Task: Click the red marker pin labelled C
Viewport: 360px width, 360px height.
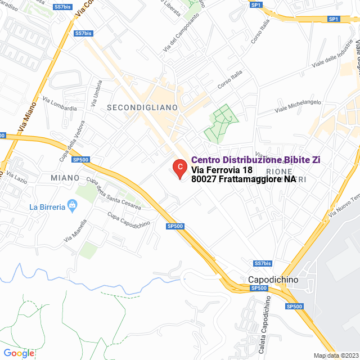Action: coord(179,168)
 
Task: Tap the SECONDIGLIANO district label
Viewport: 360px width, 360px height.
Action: coord(142,107)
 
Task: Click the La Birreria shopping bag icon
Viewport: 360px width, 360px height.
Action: coord(71,206)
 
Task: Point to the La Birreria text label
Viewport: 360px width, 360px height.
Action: coord(47,206)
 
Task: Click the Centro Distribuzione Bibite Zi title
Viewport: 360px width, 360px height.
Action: coord(260,160)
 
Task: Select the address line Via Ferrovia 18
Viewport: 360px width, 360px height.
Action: coord(222,170)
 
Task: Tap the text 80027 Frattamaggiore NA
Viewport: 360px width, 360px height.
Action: coord(244,179)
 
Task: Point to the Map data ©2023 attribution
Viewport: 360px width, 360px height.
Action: coord(336,355)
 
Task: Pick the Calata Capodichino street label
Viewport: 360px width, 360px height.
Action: coord(264,332)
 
